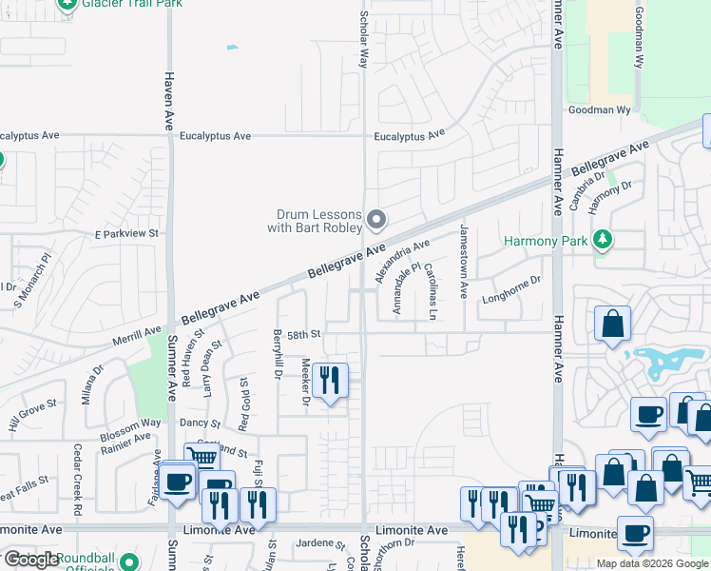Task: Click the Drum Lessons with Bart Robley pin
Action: pyautogui.click(x=376, y=221)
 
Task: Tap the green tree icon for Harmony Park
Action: pyautogui.click(x=601, y=241)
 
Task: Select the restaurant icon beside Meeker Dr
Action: pyautogui.click(x=330, y=381)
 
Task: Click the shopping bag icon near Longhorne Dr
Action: pyautogui.click(x=613, y=324)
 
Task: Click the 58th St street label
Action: pyautogui.click(x=305, y=335)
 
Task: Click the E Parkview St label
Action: pyautogui.click(x=125, y=232)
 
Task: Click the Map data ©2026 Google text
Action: pyautogui.click(x=652, y=563)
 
